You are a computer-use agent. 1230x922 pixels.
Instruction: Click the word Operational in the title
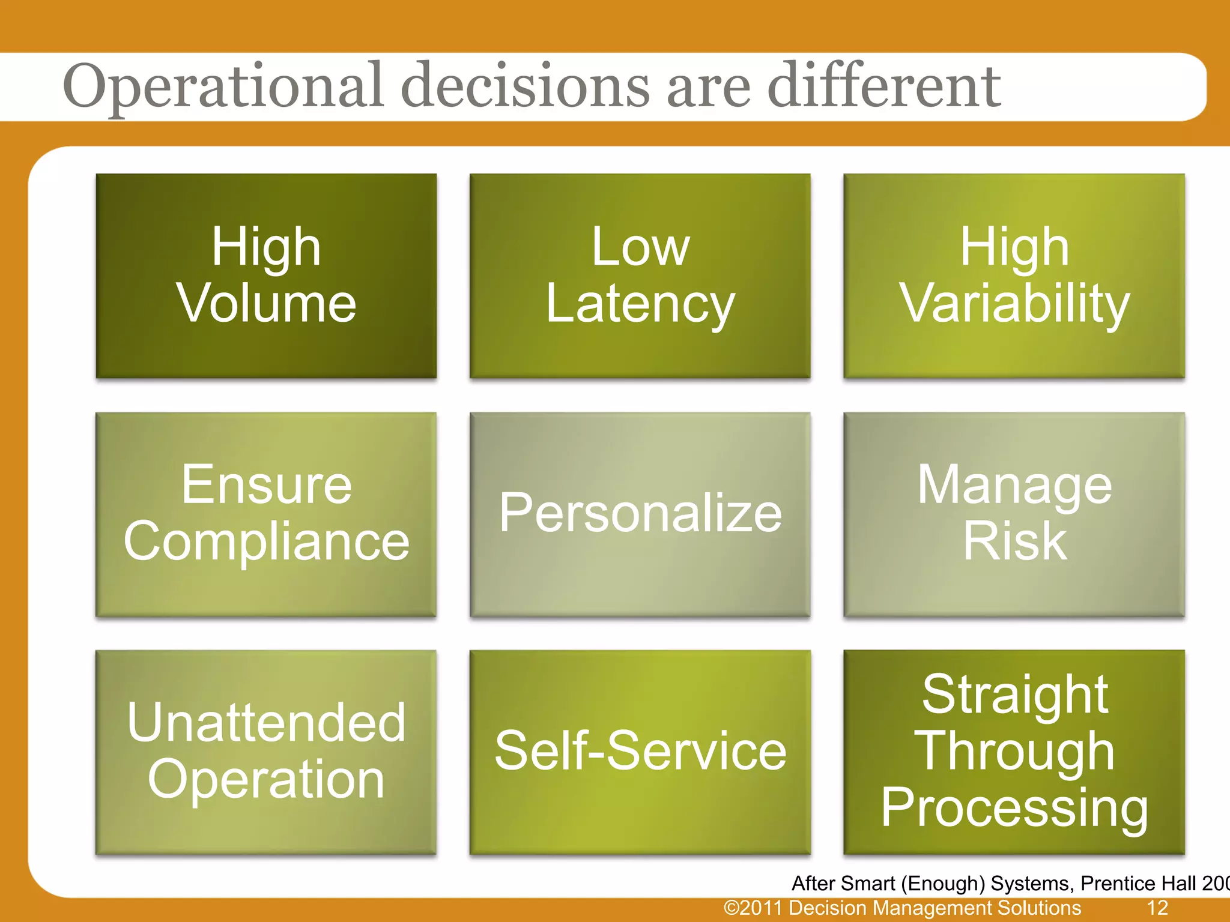click(x=222, y=87)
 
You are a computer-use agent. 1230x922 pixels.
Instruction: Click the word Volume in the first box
click(x=267, y=304)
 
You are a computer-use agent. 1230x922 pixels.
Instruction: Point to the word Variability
click(x=1014, y=304)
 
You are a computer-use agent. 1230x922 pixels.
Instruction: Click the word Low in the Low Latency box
click(x=640, y=247)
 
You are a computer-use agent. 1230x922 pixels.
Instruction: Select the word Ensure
click(x=267, y=485)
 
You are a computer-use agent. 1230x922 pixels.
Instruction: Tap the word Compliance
click(x=267, y=541)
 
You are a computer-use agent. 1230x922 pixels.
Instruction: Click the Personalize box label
click(x=640, y=513)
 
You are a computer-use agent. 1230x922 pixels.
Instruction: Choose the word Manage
click(x=1014, y=485)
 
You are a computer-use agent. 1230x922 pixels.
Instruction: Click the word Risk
click(x=1014, y=541)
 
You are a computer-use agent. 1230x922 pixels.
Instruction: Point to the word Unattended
click(x=267, y=723)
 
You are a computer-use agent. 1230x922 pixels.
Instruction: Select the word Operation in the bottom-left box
click(x=267, y=780)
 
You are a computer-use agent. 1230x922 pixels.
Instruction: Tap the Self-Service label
click(x=640, y=751)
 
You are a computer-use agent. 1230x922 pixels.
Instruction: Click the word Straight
click(x=1014, y=695)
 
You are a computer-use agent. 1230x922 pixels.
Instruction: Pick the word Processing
click(x=1014, y=808)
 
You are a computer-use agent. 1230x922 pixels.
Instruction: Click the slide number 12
click(x=1157, y=908)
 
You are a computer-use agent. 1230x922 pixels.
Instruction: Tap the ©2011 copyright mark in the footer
click(x=754, y=908)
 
